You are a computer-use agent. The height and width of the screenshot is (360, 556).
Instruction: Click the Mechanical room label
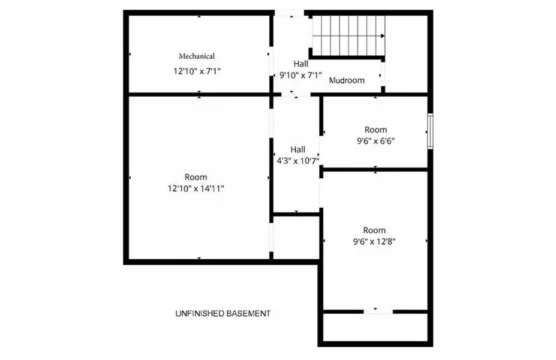[197, 56]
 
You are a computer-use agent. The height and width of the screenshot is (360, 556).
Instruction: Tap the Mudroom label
[347, 80]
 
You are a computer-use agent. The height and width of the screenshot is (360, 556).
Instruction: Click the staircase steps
[348, 35]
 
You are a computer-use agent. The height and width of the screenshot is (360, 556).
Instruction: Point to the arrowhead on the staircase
[382, 35]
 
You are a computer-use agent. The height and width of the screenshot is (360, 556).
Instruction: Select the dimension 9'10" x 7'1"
[300, 75]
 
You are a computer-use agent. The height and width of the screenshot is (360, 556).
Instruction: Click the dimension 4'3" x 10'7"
[297, 161]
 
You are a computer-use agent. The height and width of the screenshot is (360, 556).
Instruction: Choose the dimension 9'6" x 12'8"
[375, 241]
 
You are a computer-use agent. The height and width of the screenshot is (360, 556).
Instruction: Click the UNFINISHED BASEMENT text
[223, 313]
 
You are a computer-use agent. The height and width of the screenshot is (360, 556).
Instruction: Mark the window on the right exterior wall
[429, 130]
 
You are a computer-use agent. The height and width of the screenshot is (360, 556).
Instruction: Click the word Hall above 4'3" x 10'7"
[297, 149]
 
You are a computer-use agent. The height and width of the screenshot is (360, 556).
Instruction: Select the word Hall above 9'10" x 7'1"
[300, 64]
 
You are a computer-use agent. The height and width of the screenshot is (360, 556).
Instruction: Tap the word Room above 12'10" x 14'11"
[196, 177]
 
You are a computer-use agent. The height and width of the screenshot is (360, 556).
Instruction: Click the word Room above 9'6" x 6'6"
[375, 130]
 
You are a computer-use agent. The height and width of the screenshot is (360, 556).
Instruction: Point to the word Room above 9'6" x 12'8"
[374, 230]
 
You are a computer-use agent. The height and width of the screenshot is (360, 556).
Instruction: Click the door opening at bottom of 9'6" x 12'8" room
[378, 311]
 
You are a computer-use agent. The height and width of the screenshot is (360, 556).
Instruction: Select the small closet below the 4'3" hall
[296, 236]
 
